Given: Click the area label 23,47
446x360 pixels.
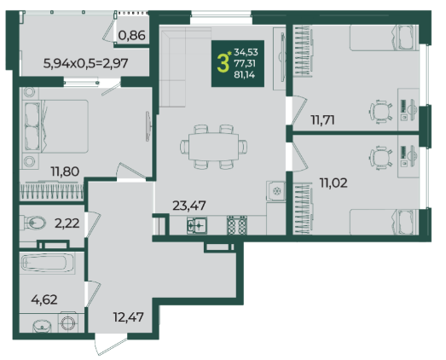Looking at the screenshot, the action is click(189, 206).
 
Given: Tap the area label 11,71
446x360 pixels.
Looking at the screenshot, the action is click(322, 119).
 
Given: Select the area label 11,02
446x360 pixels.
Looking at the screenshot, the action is click(333, 183).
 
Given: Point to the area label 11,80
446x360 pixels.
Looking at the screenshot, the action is click(65, 171).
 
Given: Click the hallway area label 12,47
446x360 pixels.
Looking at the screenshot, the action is click(128, 316).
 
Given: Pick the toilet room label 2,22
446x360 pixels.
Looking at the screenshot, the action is click(67, 224).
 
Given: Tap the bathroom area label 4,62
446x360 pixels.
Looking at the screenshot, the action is click(44, 299).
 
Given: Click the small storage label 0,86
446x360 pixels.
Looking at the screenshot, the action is click(131, 35).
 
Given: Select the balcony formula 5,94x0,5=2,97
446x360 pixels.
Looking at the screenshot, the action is click(85, 63).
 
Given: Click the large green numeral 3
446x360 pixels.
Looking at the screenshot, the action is click(223, 63).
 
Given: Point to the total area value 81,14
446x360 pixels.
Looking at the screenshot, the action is click(245, 75).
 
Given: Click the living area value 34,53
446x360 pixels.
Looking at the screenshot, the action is click(246, 52).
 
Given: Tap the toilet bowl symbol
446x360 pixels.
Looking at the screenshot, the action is click(33, 223).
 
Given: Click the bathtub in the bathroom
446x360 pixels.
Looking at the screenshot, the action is click(47, 263).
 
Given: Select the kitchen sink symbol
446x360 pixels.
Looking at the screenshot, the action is click(197, 225).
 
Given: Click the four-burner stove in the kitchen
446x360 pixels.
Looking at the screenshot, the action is click(237, 225).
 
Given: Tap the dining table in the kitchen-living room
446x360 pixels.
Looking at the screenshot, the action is click(213, 147).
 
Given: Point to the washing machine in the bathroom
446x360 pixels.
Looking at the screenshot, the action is click(67, 323).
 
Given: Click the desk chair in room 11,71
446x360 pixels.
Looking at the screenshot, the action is click(381, 111).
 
